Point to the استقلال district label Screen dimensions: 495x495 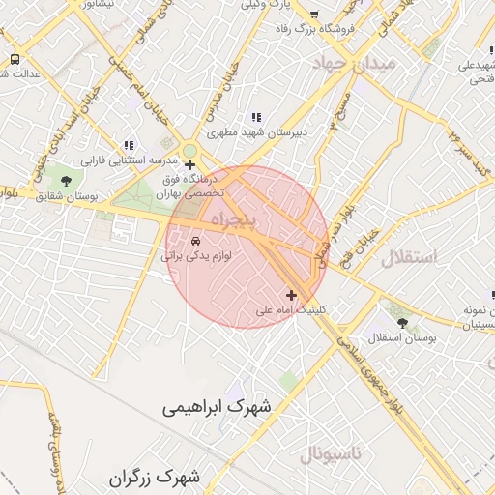pos(408,258)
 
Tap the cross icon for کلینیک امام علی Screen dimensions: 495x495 pos(292,294)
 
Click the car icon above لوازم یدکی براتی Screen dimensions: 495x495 pos(195,239)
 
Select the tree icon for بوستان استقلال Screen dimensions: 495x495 pos(402,322)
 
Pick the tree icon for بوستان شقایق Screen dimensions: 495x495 pos(66,180)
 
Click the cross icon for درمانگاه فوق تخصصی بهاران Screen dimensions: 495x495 pos(189,164)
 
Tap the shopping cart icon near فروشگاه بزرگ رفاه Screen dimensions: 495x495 pos(314,15)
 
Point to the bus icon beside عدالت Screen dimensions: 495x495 pos(14,59)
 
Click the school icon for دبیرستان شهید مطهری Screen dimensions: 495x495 pos(255,116)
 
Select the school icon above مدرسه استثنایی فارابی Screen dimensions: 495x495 pos(128,144)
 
